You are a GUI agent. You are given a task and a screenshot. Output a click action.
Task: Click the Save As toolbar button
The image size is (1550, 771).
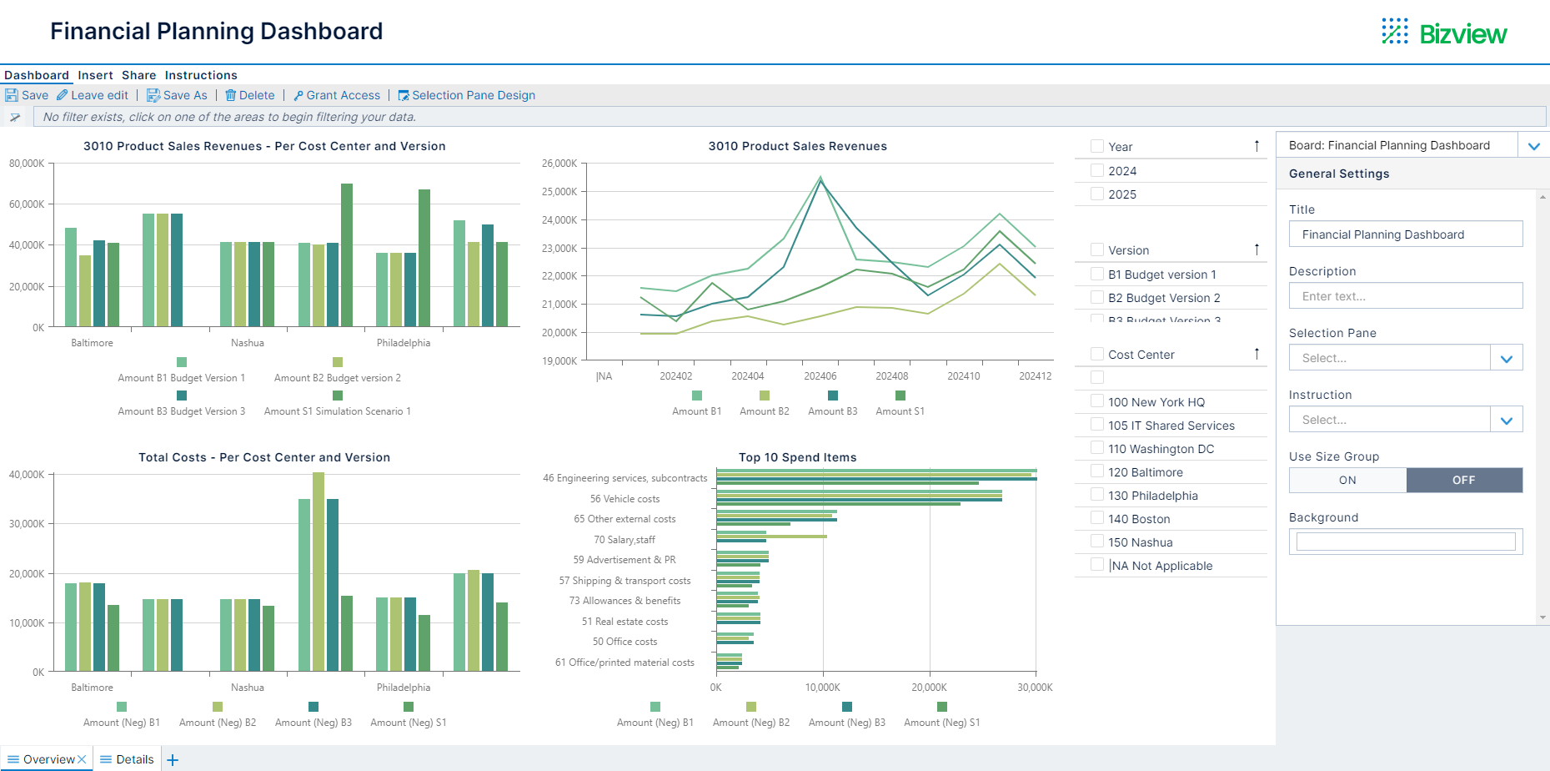coord(177,95)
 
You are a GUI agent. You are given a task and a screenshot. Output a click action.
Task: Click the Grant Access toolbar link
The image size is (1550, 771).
coord(337,95)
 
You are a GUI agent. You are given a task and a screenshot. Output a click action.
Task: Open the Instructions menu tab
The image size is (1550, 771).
coord(201,75)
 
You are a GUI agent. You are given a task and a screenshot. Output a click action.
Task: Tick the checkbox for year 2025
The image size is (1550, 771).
coord(1097,194)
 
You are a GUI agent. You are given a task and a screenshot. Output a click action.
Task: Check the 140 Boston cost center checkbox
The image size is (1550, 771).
coord(1097,518)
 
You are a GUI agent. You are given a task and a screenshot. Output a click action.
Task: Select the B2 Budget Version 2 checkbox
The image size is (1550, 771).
coord(1097,297)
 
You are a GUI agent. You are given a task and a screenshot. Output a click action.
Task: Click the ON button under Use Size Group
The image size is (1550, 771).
coord(1347,480)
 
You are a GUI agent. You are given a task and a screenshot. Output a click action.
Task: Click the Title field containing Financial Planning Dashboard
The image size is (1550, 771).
coord(1405,234)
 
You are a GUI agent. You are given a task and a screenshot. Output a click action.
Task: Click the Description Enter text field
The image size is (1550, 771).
coord(1405,296)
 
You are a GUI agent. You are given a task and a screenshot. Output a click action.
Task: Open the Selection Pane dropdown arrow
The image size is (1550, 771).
coord(1506,358)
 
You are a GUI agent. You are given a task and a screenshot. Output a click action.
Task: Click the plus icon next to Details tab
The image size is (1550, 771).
coord(173,759)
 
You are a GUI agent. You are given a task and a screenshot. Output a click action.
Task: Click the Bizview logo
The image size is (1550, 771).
coord(1444,33)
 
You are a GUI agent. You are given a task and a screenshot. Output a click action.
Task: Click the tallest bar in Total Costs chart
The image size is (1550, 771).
coord(319,571)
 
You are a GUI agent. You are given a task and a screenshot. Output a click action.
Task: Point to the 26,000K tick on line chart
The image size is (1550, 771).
coord(559,164)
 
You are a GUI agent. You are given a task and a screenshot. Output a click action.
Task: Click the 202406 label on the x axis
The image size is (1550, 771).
coord(820,376)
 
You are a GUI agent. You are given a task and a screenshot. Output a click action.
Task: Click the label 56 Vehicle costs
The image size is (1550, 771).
coord(625,499)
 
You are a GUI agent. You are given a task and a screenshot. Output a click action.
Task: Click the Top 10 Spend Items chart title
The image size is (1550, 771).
coord(797,457)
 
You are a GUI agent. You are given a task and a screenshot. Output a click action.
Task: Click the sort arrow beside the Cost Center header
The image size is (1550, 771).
coord(1257,354)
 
